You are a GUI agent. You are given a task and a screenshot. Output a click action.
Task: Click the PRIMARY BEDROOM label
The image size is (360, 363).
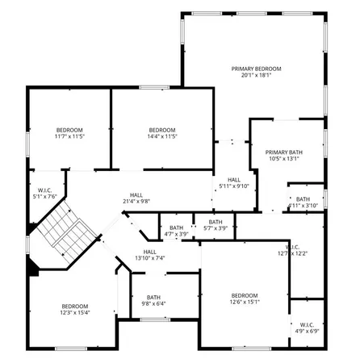pyautogui.click(x=256, y=69)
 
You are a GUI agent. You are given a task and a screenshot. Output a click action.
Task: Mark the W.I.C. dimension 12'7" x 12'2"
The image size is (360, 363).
pyautogui.click(x=292, y=254)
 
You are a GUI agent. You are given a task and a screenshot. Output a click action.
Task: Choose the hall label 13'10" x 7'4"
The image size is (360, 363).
pyautogui.click(x=149, y=254)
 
